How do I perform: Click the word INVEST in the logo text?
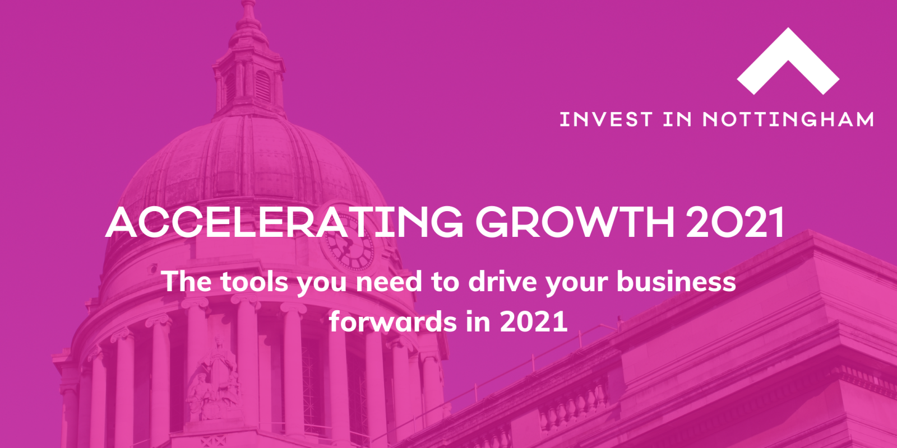[606, 119]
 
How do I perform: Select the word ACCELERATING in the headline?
[284, 222]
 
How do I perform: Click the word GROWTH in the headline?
[575, 222]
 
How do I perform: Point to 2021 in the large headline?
[735, 222]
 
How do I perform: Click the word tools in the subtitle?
[254, 282]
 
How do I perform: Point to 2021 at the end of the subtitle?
[534, 321]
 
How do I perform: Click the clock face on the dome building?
[349, 246]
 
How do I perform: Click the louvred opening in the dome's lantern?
[263, 86]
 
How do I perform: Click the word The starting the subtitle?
[187, 282]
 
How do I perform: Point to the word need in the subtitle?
[389, 282]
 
